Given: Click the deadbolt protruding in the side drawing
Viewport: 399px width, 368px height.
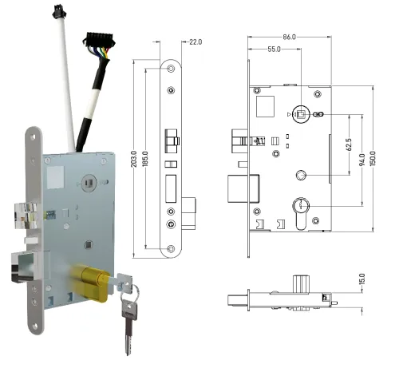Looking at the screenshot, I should point(240,189).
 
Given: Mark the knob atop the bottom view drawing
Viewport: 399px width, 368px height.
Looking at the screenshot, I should point(301,283).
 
